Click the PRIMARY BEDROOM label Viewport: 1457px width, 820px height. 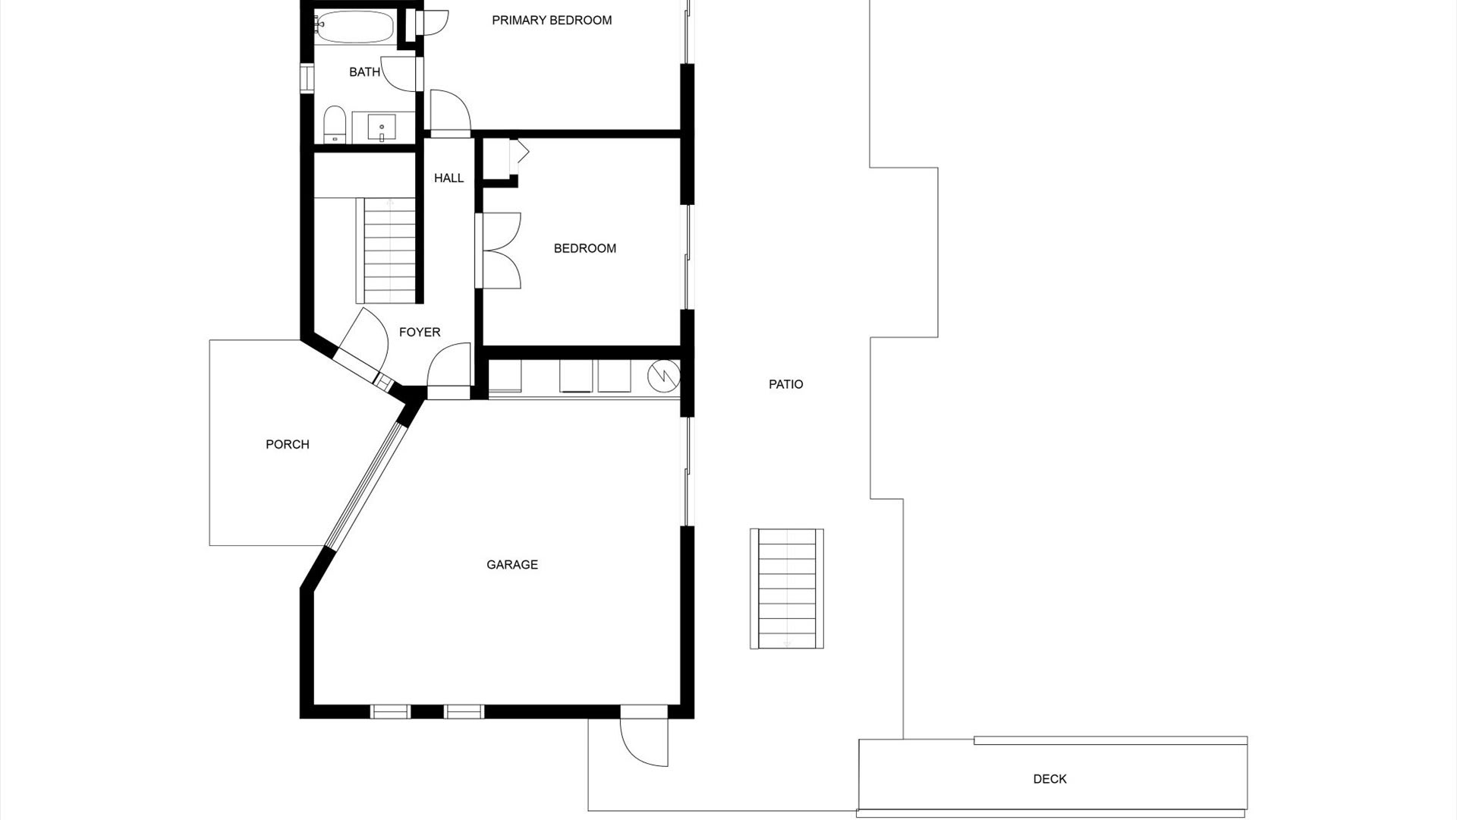click(552, 20)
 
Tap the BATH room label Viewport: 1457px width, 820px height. click(364, 72)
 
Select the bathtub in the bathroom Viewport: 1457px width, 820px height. click(354, 28)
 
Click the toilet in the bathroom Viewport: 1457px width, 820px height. click(335, 125)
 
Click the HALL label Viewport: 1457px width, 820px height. click(448, 178)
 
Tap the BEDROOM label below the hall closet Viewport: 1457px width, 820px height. click(584, 248)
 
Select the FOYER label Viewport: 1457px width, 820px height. click(420, 333)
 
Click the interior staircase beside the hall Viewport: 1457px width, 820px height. click(389, 251)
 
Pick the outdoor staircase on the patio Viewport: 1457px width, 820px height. click(787, 589)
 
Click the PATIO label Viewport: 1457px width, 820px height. click(785, 384)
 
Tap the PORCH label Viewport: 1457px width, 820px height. click(287, 444)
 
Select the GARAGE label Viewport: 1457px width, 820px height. click(512, 564)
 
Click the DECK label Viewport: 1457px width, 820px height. click(1049, 778)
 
